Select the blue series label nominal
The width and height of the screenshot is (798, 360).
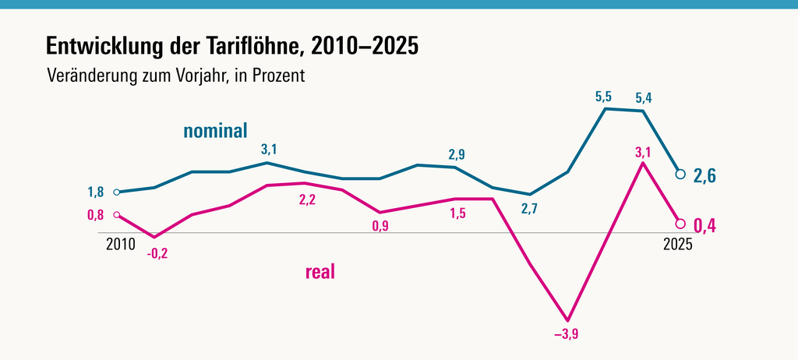coord(215,130)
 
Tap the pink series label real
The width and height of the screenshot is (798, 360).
coord(320,272)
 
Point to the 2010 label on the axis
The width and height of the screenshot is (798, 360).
coord(120,244)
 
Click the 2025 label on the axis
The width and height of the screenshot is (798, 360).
coord(678,244)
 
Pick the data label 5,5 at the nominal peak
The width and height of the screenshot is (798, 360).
coord(603,97)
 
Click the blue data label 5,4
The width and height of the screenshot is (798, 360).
coord(644,98)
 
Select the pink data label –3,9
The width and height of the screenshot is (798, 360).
coord(567,334)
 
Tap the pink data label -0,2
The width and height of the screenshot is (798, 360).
coord(157,253)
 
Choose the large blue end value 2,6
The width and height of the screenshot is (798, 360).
coord(705,176)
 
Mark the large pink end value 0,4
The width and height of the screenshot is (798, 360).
coord(705,227)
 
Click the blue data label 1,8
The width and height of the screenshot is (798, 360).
coord(95,192)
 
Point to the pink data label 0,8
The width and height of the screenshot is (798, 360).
coord(95,215)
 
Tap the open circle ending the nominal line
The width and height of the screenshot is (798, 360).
coord(680,174)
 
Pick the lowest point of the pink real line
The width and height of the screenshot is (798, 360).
coord(568,320)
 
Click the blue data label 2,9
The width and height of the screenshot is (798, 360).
coord(457,154)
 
